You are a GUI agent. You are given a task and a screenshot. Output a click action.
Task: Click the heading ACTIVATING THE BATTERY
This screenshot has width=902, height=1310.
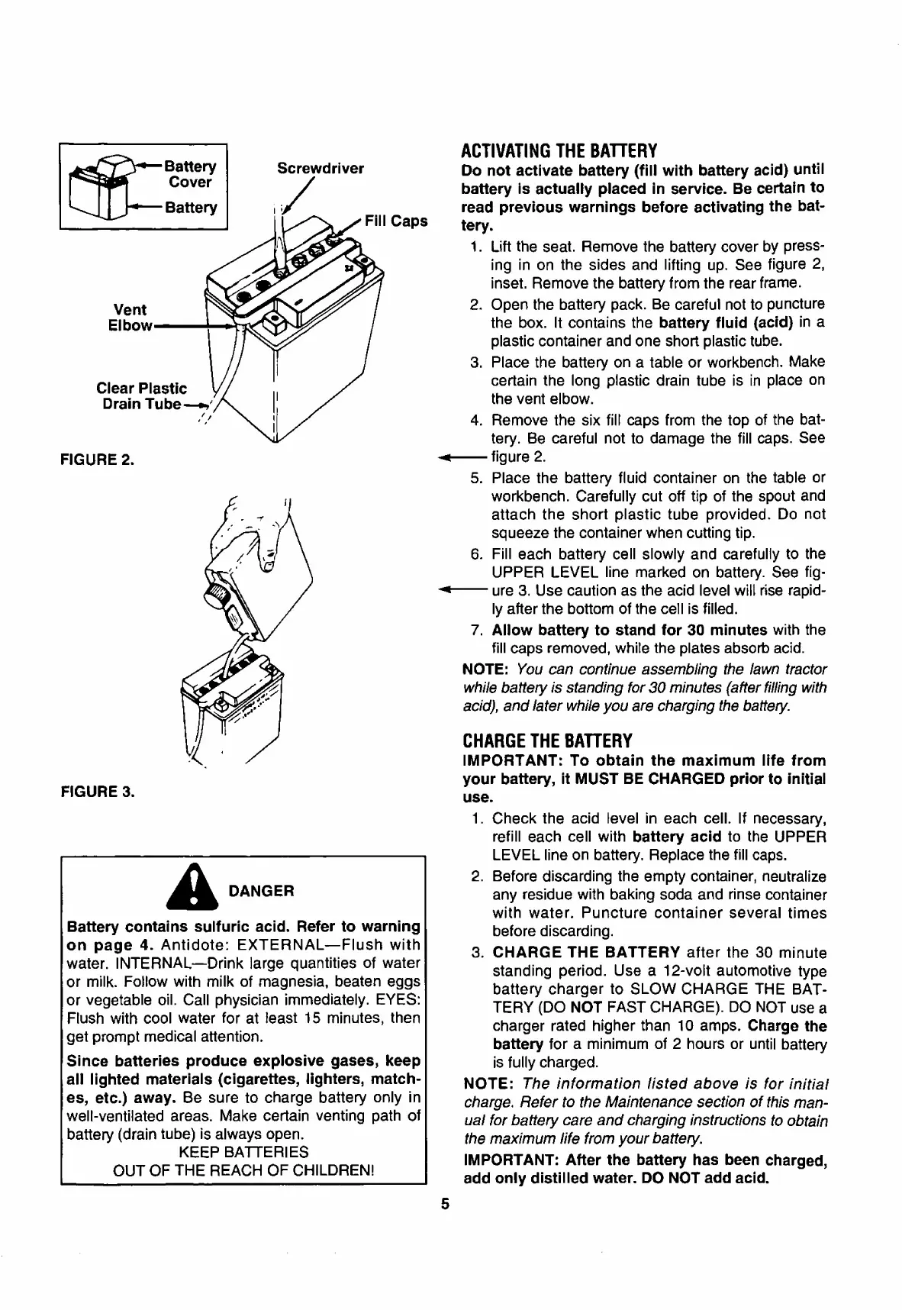(x=559, y=149)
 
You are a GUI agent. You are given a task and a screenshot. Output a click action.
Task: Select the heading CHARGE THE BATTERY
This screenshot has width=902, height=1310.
(x=547, y=741)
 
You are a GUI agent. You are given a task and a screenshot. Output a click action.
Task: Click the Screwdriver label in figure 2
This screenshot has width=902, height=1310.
(x=320, y=169)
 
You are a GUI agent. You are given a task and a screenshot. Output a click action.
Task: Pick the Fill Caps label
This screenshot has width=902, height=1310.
(x=395, y=221)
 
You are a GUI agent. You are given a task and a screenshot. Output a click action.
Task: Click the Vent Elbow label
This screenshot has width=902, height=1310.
(x=130, y=318)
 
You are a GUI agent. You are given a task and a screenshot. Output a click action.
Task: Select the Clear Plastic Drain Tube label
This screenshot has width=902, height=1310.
(x=142, y=396)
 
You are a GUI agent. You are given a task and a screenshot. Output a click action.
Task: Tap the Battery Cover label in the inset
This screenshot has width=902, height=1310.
(x=192, y=174)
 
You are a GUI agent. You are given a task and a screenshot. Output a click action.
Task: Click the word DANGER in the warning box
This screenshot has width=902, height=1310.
(x=261, y=891)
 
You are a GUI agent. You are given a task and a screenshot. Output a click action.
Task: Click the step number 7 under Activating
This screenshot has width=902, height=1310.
(x=475, y=631)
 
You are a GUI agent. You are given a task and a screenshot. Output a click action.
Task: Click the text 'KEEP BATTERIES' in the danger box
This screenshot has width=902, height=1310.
(x=243, y=1152)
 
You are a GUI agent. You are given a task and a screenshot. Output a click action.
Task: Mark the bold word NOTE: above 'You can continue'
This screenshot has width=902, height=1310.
(x=485, y=670)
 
